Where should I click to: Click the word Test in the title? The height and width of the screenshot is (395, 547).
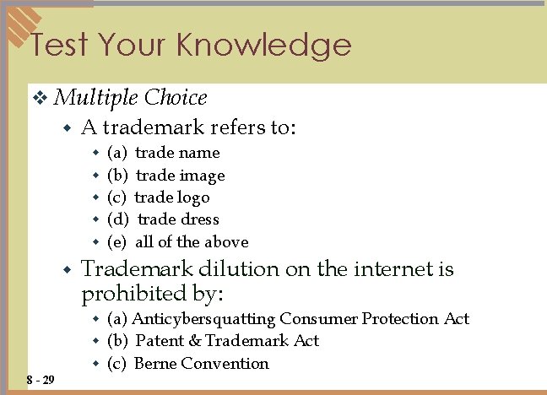(58, 44)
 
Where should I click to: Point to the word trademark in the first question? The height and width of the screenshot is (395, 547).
(154, 127)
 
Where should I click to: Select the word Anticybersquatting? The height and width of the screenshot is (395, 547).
(203, 319)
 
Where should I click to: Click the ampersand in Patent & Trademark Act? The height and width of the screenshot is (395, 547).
(193, 341)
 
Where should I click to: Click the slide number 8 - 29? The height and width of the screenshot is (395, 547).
(41, 380)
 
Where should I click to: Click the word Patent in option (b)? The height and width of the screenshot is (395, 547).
(160, 341)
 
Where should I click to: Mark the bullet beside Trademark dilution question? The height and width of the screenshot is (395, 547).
(68, 270)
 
